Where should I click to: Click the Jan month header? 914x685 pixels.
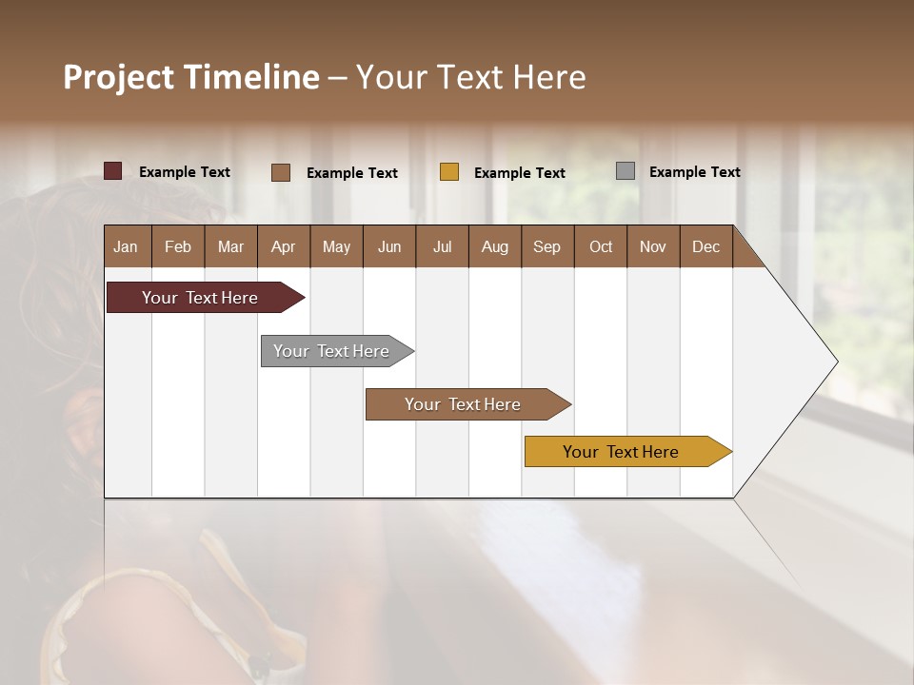pos(127,246)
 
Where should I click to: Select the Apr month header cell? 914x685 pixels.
pos(284,246)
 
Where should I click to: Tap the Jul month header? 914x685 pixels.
pos(442,246)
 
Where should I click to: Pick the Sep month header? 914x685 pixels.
pos(547,246)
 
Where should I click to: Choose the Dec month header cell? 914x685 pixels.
pos(705,246)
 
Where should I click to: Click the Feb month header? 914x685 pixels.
pos(178,246)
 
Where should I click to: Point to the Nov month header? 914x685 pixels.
pos(653,246)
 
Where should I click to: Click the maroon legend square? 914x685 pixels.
pos(112,171)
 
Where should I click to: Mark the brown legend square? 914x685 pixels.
pos(280,172)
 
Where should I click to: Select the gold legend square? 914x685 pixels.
pos(449,172)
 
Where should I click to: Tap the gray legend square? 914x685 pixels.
pos(626,171)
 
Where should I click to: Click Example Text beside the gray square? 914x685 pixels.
pos(694,172)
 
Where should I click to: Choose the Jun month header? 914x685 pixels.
pos(389,246)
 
